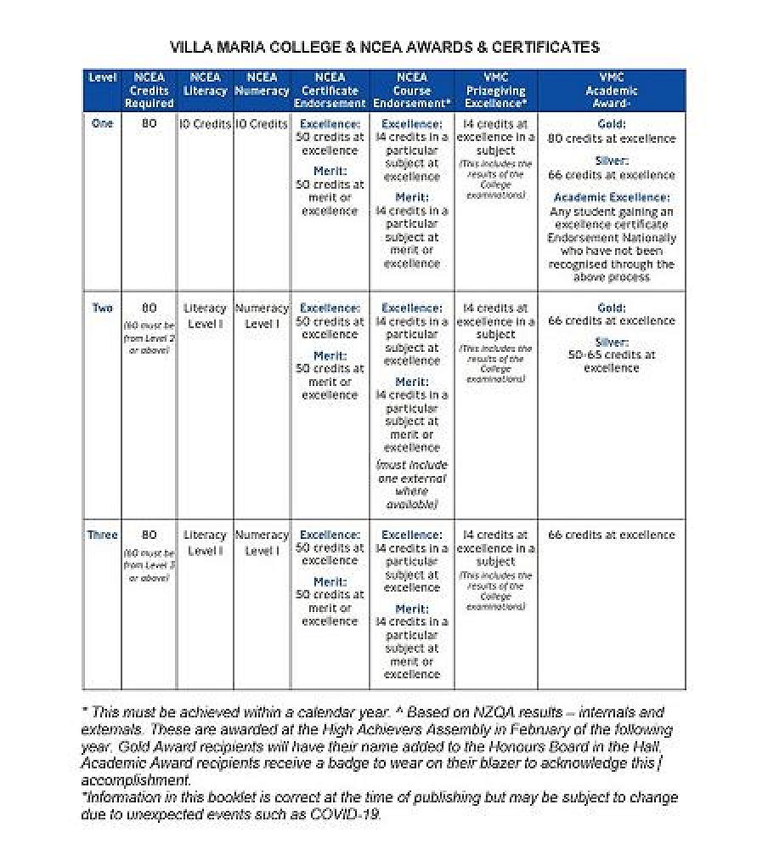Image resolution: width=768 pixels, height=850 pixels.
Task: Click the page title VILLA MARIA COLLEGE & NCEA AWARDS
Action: [384, 48]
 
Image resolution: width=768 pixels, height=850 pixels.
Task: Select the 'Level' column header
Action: [102, 78]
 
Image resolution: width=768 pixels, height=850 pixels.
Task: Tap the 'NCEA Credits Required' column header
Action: [149, 90]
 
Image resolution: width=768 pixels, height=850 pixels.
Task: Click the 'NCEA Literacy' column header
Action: [205, 84]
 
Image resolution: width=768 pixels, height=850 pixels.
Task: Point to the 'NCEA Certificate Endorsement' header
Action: [330, 90]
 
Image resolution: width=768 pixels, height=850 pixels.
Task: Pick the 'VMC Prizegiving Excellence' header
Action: [496, 90]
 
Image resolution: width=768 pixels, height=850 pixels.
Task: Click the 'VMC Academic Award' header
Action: [611, 90]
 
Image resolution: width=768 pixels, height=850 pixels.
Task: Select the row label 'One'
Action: [102, 123]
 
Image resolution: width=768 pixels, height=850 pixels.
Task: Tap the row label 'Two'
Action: [102, 308]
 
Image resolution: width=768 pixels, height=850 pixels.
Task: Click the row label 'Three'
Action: [102, 535]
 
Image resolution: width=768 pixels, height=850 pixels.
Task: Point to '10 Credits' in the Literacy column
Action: [205, 124]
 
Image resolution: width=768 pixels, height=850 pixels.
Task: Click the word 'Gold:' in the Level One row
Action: [611, 124]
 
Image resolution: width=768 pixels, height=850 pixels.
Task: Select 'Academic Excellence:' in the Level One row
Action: [611, 197]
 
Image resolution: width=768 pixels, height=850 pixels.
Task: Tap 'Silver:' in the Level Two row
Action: [611, 342]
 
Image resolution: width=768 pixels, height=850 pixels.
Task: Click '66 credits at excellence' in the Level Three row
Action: [611, 535]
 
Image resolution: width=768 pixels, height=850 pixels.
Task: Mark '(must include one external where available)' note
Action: [411, 484]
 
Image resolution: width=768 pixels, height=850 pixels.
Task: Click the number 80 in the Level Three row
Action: [149, 535]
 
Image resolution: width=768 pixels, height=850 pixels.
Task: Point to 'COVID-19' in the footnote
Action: [348, 814]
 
